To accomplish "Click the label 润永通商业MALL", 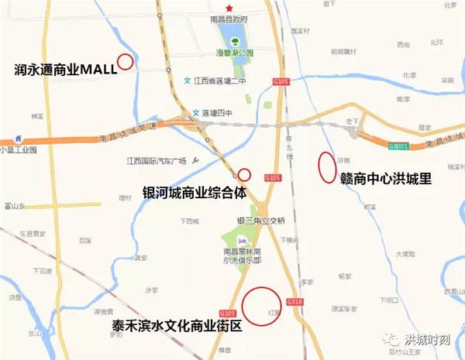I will pos(65,68).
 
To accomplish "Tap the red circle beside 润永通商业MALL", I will pos(125,61).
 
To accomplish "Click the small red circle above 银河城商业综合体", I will pos(244,174).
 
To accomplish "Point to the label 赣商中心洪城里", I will pos(385,179).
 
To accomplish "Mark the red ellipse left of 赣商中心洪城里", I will pos(326,166).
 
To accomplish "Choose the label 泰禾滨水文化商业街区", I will pos(177,326).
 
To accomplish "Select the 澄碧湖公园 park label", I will pos(235,53).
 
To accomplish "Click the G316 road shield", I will pos(293,301).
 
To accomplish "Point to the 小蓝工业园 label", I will pos(18,149).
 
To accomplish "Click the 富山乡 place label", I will pos(15,206).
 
